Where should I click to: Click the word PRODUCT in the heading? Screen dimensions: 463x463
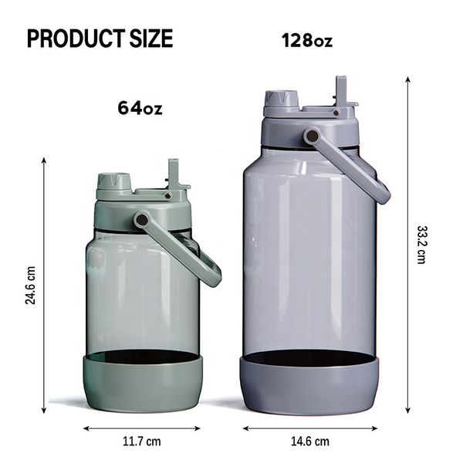[76, 39]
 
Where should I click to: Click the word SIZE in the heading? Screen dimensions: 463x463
[151, 39]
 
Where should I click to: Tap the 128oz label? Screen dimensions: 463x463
[307, 40]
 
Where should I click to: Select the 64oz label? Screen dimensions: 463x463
[140, 108]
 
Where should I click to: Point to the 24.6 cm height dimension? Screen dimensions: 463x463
[30, 286]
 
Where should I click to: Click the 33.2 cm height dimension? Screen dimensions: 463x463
[421, 245]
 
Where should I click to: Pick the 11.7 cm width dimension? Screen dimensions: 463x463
[142, 441]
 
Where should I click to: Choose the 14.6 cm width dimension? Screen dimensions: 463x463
[310, 441]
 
